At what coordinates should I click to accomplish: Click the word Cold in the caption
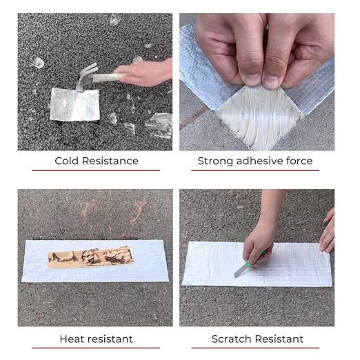point(67,161)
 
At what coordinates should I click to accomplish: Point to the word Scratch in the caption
point(231,339)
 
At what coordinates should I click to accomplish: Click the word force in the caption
point(299,161)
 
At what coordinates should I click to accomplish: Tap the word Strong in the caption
point(215,161)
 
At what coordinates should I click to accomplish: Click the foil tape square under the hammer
point(75,105)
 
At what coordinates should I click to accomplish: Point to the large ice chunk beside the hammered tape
point(159,126)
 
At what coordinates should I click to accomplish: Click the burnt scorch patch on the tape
point(90,257)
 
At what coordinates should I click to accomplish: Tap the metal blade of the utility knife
point(240,272)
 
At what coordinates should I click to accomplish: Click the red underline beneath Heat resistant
point(96,348)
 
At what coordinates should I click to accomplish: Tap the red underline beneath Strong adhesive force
point(255,170)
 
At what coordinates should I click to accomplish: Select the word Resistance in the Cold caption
point(110,161)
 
